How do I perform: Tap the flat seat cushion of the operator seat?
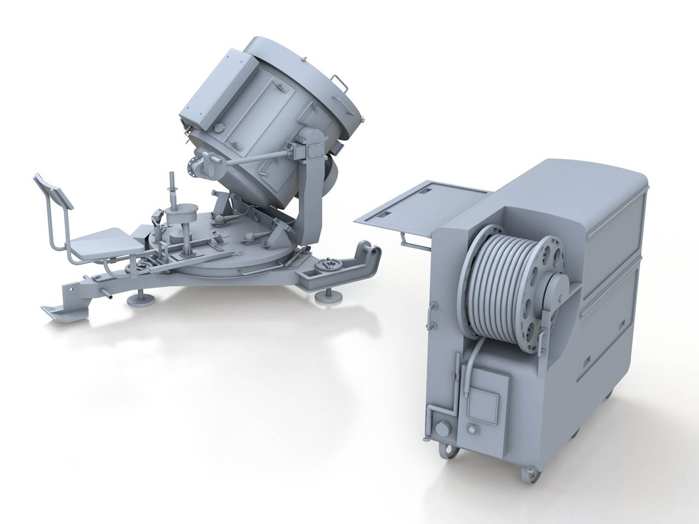point(105,242)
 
